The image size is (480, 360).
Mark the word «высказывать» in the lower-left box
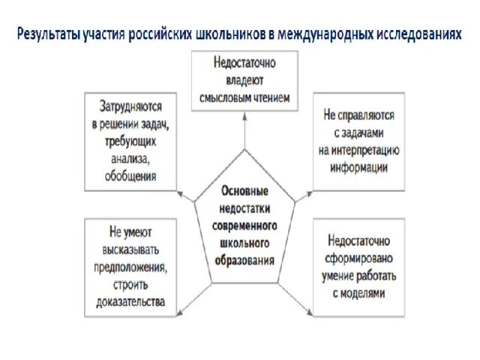(x=128, y=250)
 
